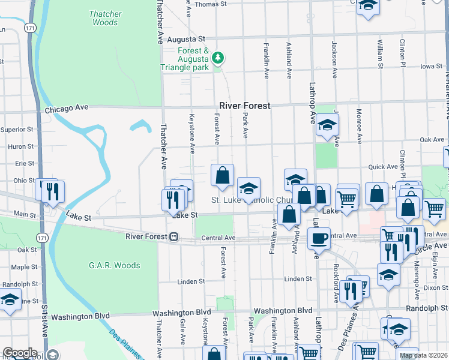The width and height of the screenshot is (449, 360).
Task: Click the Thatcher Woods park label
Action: coord(105,18)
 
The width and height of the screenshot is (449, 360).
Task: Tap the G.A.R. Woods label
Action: coord(114,265)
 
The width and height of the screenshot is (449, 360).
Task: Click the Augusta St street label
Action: coord(186,39)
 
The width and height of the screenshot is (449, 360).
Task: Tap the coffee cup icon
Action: coord(319,238)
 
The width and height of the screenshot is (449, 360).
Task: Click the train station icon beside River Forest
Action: coord(173,236)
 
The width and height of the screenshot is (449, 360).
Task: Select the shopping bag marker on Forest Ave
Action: coord(222,176)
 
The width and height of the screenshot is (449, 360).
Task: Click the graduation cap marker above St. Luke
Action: coord(249,188)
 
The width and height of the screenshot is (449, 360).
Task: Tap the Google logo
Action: coord(20,353)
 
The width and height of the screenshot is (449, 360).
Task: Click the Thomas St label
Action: coord(210,4)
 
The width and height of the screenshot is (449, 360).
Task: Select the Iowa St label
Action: coord(431,67)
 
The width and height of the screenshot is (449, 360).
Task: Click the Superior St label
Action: coord(17,129)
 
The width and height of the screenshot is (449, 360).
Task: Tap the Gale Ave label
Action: coord(182,332)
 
